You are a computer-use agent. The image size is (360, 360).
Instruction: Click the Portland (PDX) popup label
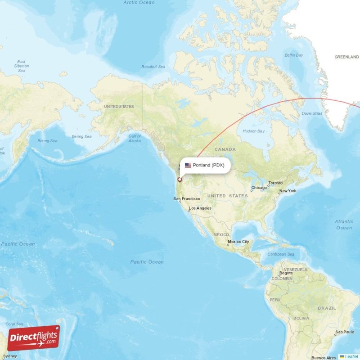(x=208, y=165)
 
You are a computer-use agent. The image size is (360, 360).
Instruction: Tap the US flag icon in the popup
(x=188, y=165)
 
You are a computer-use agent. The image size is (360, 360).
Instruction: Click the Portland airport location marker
(x=180, y=180)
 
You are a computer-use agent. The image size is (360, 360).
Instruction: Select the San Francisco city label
(x=184, y=198)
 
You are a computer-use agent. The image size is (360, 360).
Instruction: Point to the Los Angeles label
(x=200, y=208)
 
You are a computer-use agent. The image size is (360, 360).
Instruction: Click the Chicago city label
(x=259, y=188)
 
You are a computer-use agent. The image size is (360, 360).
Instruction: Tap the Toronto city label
(x=275, y=183)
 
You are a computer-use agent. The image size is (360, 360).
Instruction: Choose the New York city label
(x=288, y=191)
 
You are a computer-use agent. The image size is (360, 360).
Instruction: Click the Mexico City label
(x=238, y=242)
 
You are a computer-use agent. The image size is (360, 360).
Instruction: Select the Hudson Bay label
(x=253, y=131)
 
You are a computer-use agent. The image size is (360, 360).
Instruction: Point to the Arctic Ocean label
(x=139, y=3)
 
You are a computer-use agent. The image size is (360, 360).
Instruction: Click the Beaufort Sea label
(x=153, y=67)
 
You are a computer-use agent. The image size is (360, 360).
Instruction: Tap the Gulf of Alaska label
(x=135, y=138)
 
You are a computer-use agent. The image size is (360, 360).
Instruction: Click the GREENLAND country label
(x=346, y=57)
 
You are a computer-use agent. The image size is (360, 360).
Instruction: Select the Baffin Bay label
(x=294, y=55)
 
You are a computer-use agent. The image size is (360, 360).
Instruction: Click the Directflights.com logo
(x=33, y=338)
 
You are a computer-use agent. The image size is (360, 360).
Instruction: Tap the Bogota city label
(x=286, y=273)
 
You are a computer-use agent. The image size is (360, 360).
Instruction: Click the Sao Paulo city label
(x=344, y=332)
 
